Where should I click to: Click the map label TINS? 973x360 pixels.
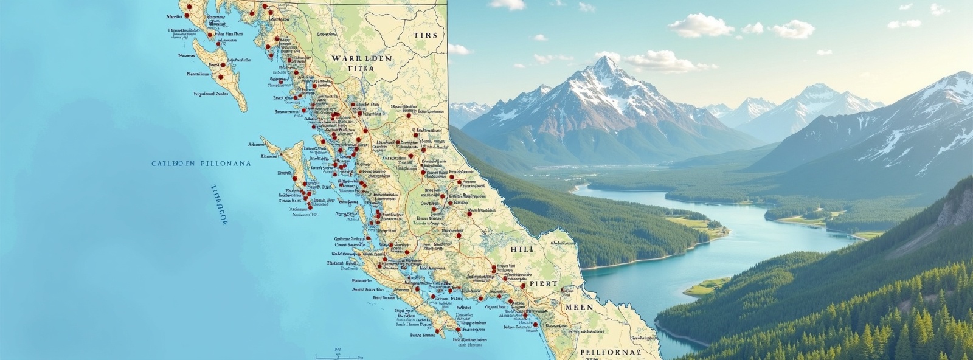425,35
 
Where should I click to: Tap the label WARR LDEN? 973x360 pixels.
361,58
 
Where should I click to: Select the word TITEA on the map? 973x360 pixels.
361,69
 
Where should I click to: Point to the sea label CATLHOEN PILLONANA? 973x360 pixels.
201,164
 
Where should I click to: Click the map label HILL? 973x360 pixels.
522,249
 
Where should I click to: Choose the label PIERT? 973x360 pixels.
543,284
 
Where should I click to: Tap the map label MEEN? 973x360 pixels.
579,307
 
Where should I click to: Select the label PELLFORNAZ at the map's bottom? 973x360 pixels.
610,352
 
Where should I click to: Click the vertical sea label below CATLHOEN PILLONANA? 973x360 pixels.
219,205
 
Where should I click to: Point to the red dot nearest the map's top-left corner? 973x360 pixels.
189,8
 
